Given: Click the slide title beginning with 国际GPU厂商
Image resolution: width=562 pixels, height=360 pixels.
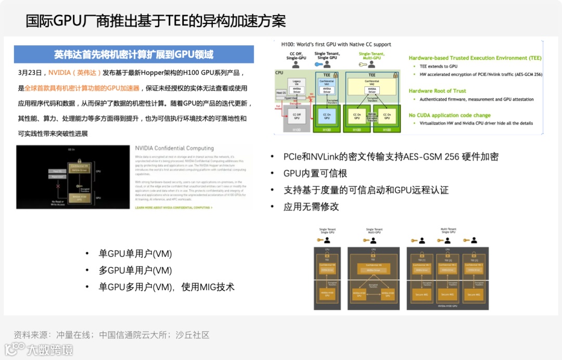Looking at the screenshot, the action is point(156,21).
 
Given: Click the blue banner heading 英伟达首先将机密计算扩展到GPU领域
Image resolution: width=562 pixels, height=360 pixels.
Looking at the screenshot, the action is point(134,55).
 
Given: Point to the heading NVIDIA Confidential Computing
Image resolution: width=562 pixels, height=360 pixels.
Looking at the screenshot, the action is point(174,148).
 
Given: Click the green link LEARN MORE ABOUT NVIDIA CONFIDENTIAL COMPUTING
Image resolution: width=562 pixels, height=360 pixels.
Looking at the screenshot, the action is point(173,208).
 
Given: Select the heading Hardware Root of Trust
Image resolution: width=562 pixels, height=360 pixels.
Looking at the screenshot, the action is point(437,91).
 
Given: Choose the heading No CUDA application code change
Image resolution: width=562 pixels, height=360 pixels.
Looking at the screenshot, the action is point(450,115).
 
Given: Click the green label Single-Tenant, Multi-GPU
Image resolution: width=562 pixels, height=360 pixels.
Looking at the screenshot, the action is point(372,56).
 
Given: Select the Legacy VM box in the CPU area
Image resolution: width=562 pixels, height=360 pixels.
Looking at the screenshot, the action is point(297,83).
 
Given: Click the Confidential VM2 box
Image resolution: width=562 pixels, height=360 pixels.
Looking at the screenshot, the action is point(372,83).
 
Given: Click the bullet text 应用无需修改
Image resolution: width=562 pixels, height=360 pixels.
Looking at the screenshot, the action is point(311,207).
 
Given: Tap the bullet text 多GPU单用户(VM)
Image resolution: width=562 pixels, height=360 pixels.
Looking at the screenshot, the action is point(135,271).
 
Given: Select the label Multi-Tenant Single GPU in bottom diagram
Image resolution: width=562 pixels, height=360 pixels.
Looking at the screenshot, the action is point(449,230).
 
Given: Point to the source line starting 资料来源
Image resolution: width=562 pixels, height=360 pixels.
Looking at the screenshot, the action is point(111,335).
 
